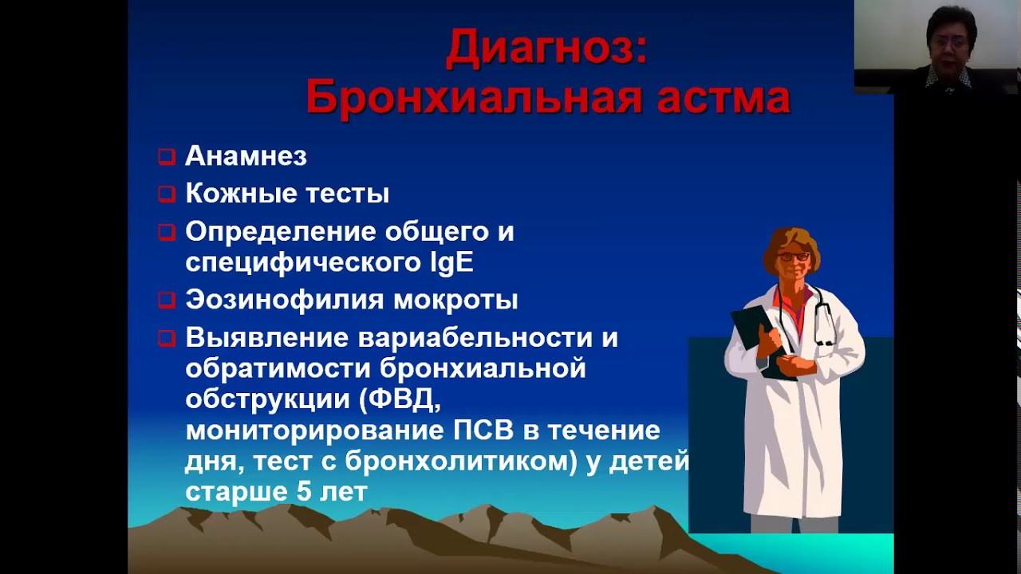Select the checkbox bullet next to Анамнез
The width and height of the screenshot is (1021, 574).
pos(166,156)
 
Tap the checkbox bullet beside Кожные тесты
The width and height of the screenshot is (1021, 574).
pos(166,194)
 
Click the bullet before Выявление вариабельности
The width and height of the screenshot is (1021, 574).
pos(166,338)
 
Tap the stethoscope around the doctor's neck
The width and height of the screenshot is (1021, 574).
pos(821,315)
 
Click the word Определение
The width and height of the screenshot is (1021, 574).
pos(281,231)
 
